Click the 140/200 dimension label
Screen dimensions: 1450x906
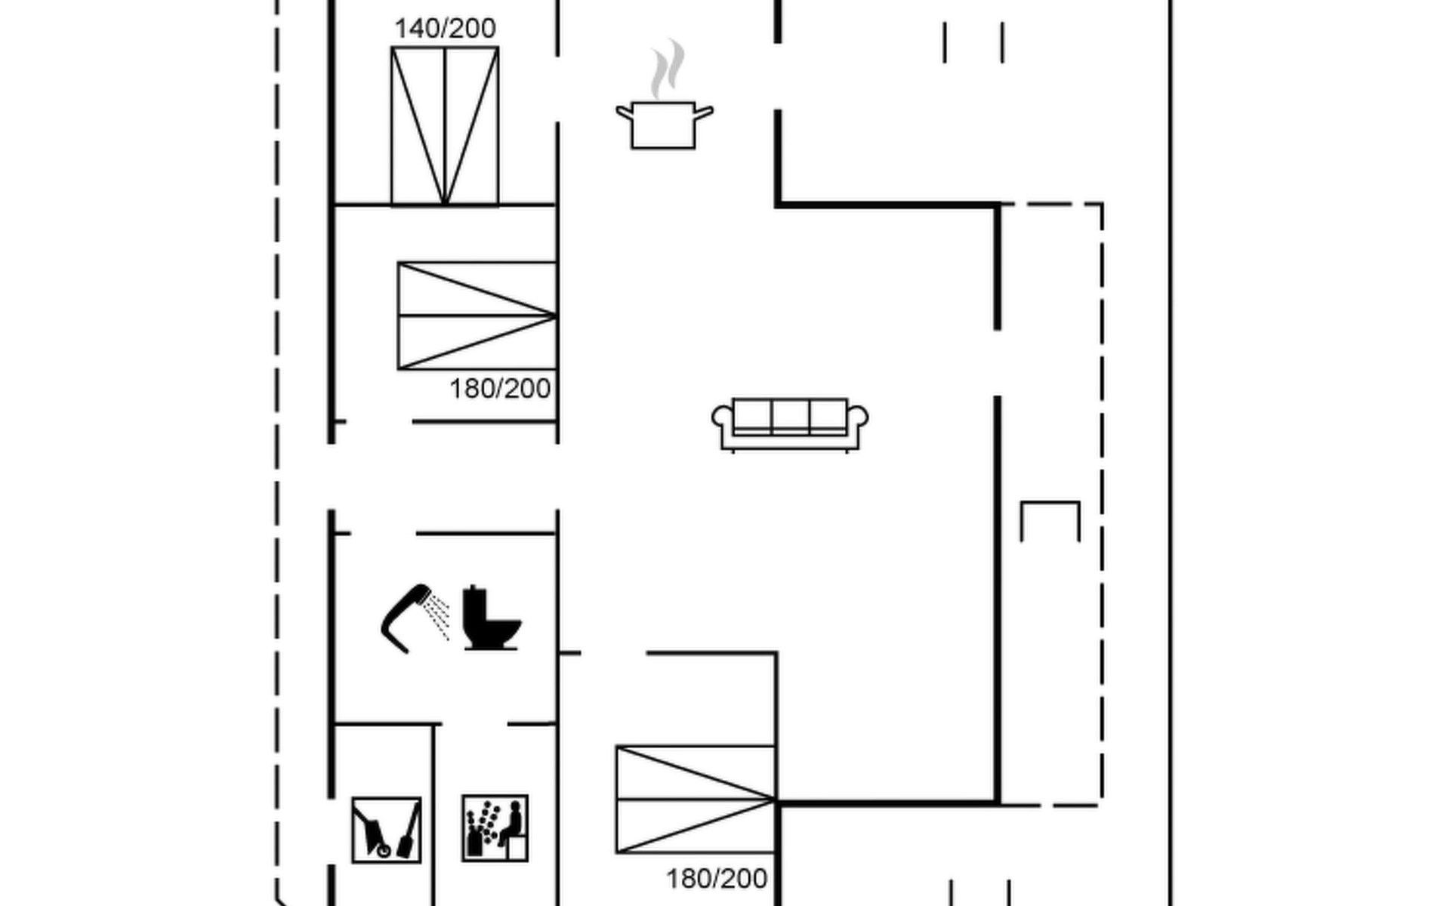tap(445, 29)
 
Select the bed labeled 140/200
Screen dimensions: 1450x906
tap(445, 126)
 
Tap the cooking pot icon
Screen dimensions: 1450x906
tap(664, 125)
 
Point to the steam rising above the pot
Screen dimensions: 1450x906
tap(668, 69)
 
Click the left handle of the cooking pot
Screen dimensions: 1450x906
tap(625, 114)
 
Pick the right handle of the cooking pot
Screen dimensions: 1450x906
tap(703, 113)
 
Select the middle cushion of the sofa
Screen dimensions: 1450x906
tap(790, 416)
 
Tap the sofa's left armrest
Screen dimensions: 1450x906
tap(723, 420)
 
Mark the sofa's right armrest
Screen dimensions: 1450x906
tap(857, 420)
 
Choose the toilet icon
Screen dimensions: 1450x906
tap(491, 618)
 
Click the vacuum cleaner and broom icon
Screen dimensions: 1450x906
tap(387, 830)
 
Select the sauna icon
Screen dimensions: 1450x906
tap(495, 827)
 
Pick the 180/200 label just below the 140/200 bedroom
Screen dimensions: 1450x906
tap(500, 389)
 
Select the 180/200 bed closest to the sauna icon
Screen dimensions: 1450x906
tap(696, 800)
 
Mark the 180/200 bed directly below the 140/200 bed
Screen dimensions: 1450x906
tap(477, 316)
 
